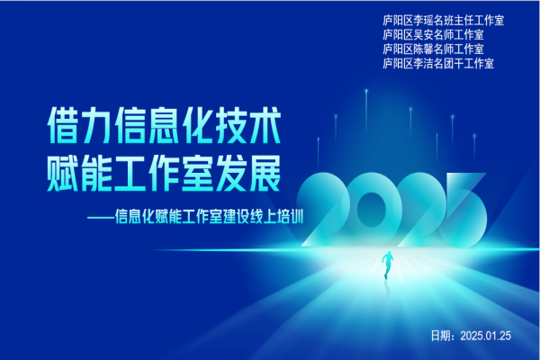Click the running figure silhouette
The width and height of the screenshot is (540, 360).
pos(387,265)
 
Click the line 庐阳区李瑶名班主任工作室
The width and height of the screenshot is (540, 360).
pos(443,21)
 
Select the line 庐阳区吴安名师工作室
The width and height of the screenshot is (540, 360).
pos(433,35)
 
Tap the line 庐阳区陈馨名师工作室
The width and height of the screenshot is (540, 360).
pos(433,49)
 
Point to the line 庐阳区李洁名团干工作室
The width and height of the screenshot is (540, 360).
pos(438,64)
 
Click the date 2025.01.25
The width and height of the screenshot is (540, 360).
pos(486,336)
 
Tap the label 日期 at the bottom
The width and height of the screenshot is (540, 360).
pos(441,336)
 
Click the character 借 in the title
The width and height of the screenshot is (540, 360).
pos(62,125)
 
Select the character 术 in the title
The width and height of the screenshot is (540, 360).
pos(265,125)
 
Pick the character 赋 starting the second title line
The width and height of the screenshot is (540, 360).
pos(62,174)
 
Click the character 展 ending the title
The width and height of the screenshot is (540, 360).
pos(265,174)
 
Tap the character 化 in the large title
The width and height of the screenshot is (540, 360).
pos(198,125)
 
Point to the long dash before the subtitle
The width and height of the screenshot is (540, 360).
pos(101,218)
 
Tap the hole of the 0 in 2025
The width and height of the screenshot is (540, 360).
pos(371,210)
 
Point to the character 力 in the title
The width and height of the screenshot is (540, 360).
pos(96,125)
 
